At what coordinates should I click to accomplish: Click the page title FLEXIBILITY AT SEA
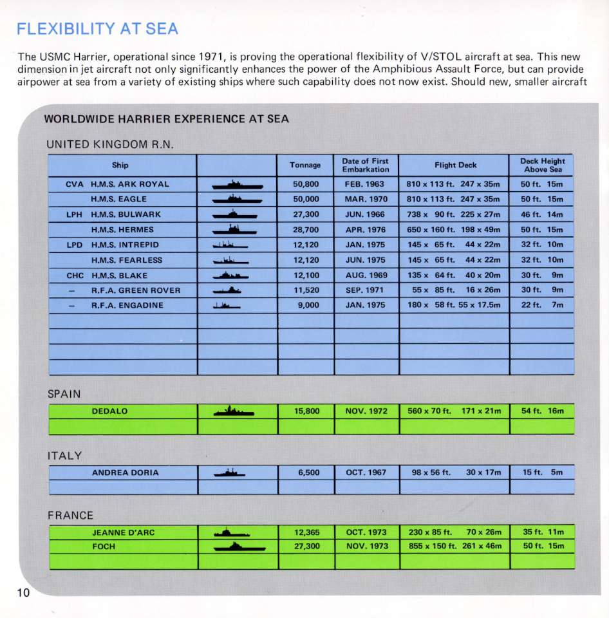pyautogui.click(x=97, y=29)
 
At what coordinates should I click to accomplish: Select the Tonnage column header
pyautogui.click(x=305, y=165)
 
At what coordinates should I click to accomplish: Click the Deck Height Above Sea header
pyautogui.click(x=541, y=165)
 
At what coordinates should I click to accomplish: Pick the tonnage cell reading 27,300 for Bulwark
pyautogui.click(x=306, y=214)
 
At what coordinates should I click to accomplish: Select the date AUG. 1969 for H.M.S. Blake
pyautogui.click(x=366, y=275)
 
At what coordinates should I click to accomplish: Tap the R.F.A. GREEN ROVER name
pyautogui.click(x=136, y=290)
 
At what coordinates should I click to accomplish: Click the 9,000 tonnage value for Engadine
pyautogui.click(x=308, y=305)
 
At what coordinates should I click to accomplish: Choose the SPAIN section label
pyautogui.click(x=64, y=394)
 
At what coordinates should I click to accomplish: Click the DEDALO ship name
pyautogui.click(x=109, y=411)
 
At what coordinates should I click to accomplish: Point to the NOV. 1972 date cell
pyautogui.click(x=366, y=411)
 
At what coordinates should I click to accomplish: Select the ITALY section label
pyautogui.click(x=65, y=456)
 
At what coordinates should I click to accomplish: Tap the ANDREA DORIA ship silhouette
pyautogui.click(x=230, y=473)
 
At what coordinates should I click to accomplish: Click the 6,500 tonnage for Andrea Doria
pyautogui.click(x=309, y=473)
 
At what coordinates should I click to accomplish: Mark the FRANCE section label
pyautogui.click(x=70, y=516)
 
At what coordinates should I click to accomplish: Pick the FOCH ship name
pyautogui.click(x=104, y=547)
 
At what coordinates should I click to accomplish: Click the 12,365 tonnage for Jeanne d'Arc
pyautogui.click(x=306, y=532)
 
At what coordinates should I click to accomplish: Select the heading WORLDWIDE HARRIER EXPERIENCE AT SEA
pyautogui.click(x=166, y=119)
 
